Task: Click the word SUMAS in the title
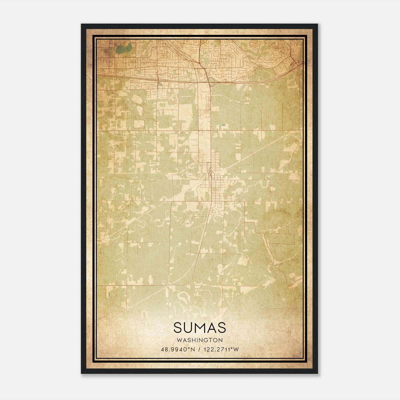(x=199, y=327)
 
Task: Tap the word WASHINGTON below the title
(x=199, y=340)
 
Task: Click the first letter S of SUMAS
(x=177, y=327)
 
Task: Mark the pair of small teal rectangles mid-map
(x=223, y=124)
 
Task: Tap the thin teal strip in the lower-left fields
(x=109, y=294)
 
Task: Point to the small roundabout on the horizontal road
(x=198, y=130)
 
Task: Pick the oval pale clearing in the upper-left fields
(x=136, y=99)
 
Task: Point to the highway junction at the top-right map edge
(x=297, y=65)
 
